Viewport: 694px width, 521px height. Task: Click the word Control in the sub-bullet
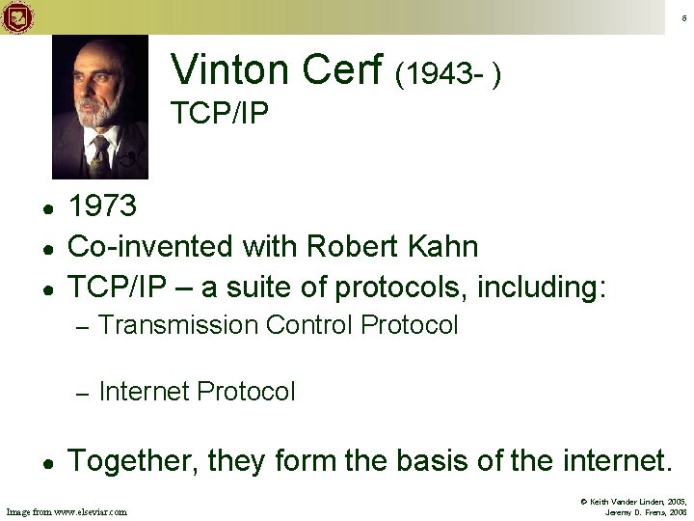(x=307, y=325)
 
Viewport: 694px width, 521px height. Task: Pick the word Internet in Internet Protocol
(x=144, y=392)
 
